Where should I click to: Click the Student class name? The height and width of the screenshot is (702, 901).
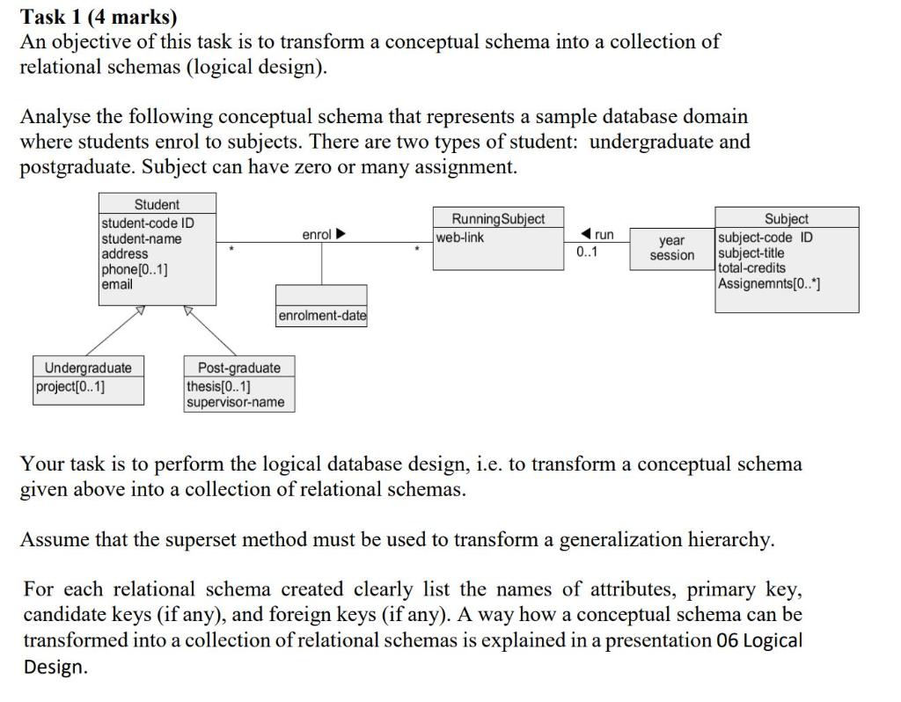coord(157,204)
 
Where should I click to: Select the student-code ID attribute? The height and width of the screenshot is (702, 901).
coord(148,223)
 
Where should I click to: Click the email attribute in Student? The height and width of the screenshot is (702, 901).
coord(117,284)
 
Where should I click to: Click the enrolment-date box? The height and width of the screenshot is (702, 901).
coord(321,316)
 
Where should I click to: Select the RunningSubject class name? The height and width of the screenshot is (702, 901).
coord(497,219)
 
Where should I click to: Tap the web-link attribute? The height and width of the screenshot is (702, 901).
coord(460,237)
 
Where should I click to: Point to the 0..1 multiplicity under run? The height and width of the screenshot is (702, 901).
coord(586,252)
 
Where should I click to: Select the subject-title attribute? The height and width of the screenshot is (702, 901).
coord(751,253)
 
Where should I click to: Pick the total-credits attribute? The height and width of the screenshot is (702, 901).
coord(752,267)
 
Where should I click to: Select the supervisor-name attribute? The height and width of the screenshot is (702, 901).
coord(235,402)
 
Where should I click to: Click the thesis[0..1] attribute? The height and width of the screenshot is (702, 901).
coord(218,386)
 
